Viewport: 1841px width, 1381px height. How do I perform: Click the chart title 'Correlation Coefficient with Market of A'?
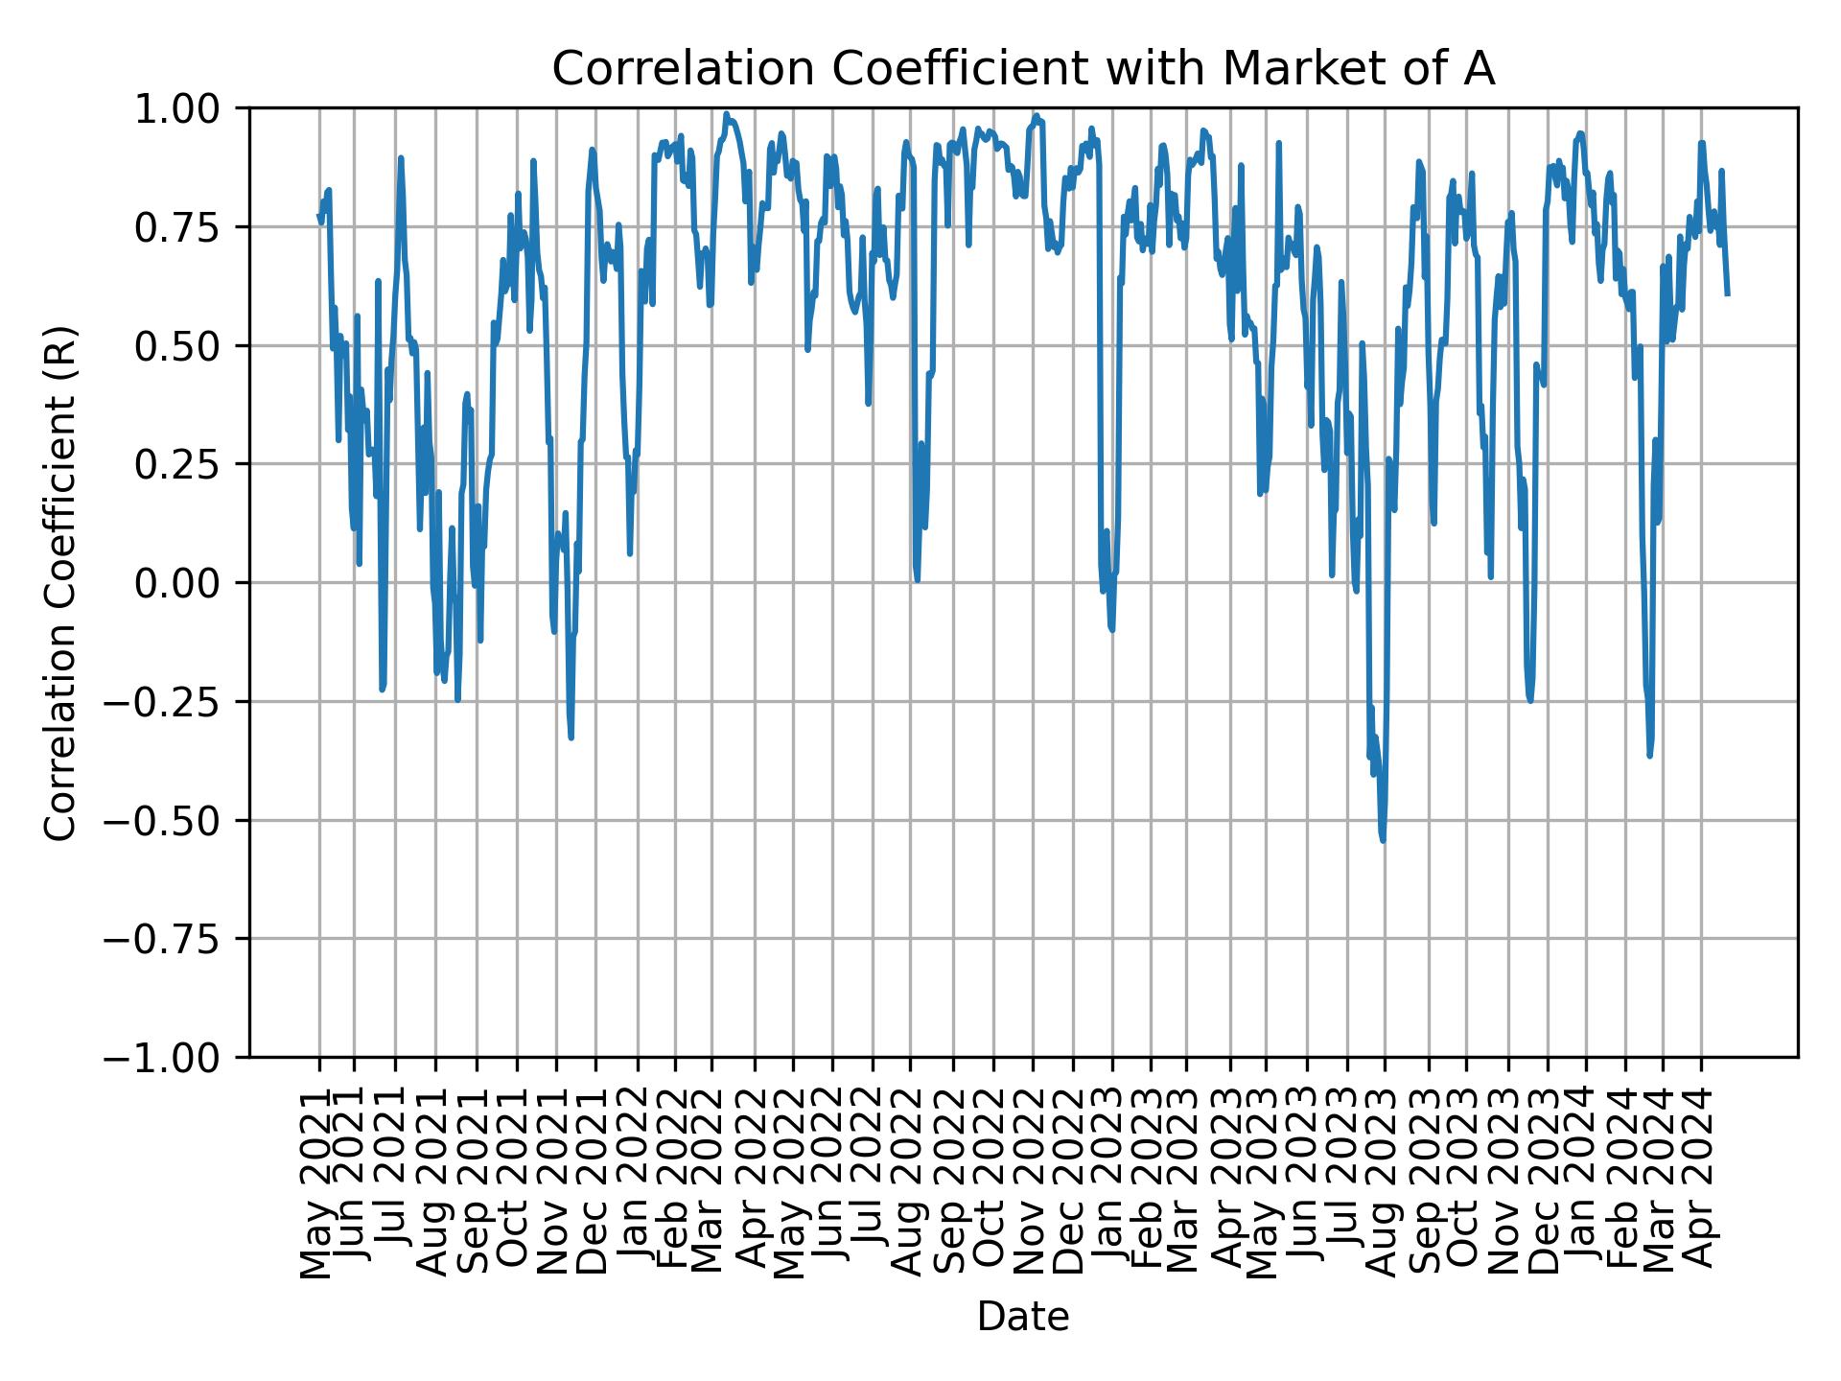[x=1023, y=69]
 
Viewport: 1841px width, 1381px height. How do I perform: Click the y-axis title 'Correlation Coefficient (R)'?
[x=60, y=582]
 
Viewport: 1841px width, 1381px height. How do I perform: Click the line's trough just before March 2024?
[x=1649, y=756]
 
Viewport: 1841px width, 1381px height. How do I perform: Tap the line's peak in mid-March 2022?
[x=727, y=114]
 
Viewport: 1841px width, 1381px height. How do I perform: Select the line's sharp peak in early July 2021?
[x=401, y=158]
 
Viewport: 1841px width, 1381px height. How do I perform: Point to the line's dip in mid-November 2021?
[x=571, y=737]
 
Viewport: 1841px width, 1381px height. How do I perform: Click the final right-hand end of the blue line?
[x=1727, y=293]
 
